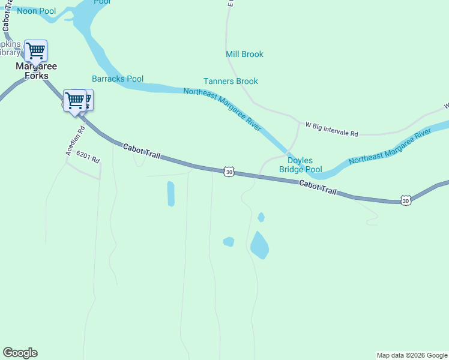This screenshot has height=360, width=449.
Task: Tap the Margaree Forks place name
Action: (x=36, y=71)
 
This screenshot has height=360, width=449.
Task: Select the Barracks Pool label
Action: (x=118, y=79)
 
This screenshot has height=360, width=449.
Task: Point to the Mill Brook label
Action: (x=244, y=54)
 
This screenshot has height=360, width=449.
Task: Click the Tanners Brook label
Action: (x=231, y=81)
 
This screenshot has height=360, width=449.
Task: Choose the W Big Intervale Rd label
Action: (x=331, y=129)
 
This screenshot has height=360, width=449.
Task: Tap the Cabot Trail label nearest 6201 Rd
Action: (x=142, y=151)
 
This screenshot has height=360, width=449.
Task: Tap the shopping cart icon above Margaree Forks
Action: (x=35, y=50)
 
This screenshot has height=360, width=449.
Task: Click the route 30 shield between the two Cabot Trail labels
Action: (x=229, y=172)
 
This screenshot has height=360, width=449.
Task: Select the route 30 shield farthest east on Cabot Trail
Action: (x=406, y=200)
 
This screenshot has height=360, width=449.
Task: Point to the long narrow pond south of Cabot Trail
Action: (x=171, y=194)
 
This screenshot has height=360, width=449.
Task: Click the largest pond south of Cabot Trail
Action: (x=259, y=245)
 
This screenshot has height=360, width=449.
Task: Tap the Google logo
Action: (x=20, y=353)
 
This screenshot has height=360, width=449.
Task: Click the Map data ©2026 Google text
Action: (x=411, y=355)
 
